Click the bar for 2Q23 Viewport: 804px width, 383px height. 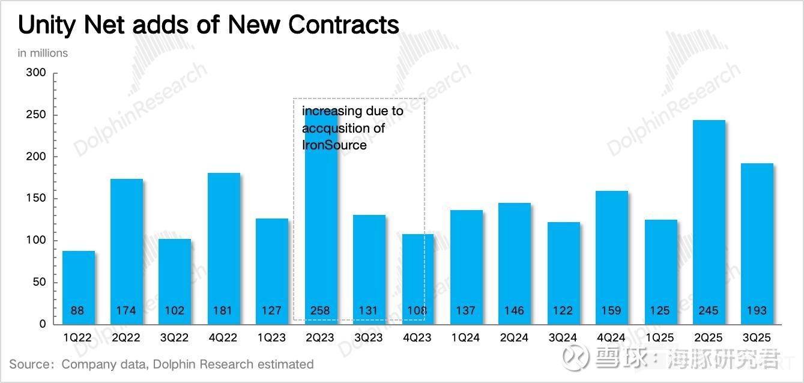tap(319, 240)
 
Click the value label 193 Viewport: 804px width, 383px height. tap(757, 310)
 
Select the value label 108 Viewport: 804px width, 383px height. tap(417, 310)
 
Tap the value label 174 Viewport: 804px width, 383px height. tap(127, 310)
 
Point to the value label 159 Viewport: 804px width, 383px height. tap(612, 310)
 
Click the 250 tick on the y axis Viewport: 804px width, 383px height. tap(35, 115)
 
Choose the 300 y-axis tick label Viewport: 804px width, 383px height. tap(35, 73)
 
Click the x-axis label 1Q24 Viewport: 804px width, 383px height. tap(465, 337)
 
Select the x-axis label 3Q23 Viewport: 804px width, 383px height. tap(368, 337)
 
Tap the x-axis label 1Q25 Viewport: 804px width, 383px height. tap(660, 337)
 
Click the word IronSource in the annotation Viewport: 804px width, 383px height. tap(334, 145)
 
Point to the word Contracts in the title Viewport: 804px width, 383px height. tap(343, 25)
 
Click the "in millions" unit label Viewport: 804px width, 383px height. tap(43, 53)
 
